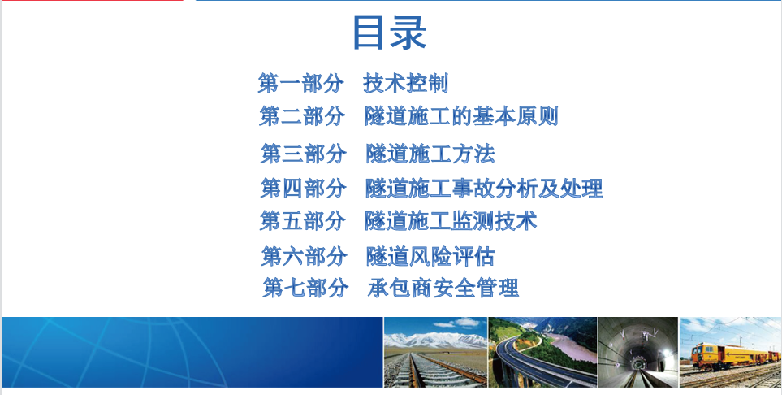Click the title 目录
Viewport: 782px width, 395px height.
pos(390,33)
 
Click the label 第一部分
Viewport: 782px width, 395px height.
pos(300,83)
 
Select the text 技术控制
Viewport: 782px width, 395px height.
pos(405,83)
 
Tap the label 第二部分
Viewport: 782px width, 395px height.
pos(302,116)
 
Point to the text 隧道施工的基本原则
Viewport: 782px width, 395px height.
pos(461,116)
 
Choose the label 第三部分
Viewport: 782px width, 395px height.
pos(303,154)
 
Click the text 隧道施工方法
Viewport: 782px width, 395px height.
pos(430,154)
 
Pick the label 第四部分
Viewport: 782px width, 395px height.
pos(303,189)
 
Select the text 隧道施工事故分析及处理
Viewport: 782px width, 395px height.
pos(484,189)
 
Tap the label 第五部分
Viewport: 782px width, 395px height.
pos(302,221)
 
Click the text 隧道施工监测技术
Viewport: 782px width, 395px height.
pos(451,221)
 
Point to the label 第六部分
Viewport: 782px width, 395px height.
pos(305,256)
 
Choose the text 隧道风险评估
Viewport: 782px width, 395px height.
pos(430,256)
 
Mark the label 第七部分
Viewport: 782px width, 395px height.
pos(305,288)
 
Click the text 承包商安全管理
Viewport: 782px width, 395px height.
pos(443,288)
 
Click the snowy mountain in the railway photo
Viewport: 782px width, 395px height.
pos(435,340)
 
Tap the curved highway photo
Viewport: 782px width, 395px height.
pos(542,352)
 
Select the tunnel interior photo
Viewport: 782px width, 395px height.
pos(638,352)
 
